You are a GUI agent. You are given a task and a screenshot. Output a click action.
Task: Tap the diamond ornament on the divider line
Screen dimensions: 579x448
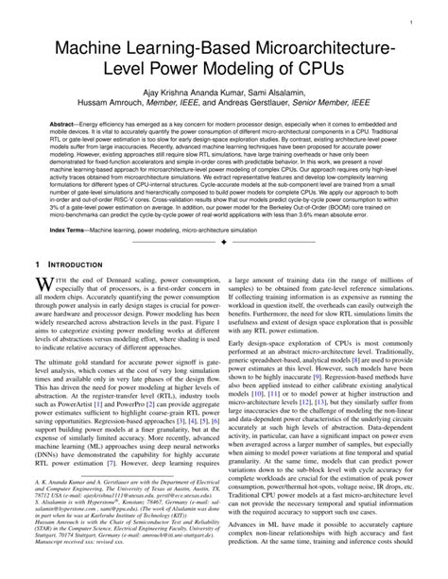(x=224, y=269)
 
